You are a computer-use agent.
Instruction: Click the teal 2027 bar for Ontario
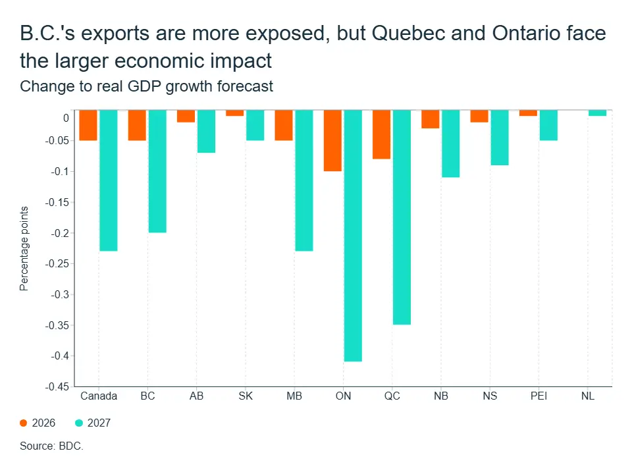[353, 236]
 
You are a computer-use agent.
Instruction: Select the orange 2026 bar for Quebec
[381, 134]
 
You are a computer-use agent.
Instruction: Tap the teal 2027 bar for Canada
[109, 180]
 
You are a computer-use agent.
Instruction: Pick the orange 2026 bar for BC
[137, 125]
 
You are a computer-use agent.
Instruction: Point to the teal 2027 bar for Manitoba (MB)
[304, 180]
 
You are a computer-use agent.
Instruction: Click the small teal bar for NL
[597, 113]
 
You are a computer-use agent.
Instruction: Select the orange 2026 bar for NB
[431, 119]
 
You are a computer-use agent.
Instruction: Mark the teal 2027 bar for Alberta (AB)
[206, 132]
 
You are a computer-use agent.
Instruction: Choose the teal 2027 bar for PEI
[548, 125]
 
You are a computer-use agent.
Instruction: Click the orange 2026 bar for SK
[234, 113]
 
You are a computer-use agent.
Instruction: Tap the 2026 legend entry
[38, 423]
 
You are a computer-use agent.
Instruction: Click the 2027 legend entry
[93, 423]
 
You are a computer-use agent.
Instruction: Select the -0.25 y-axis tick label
[57, 263]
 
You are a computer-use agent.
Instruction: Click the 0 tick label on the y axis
[66, 118]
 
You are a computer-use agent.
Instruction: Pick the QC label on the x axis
[392, 396]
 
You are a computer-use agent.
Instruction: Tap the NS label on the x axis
[490, 396]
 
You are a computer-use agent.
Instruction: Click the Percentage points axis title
[24, 249]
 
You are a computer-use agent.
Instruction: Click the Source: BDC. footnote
[51, 446]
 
